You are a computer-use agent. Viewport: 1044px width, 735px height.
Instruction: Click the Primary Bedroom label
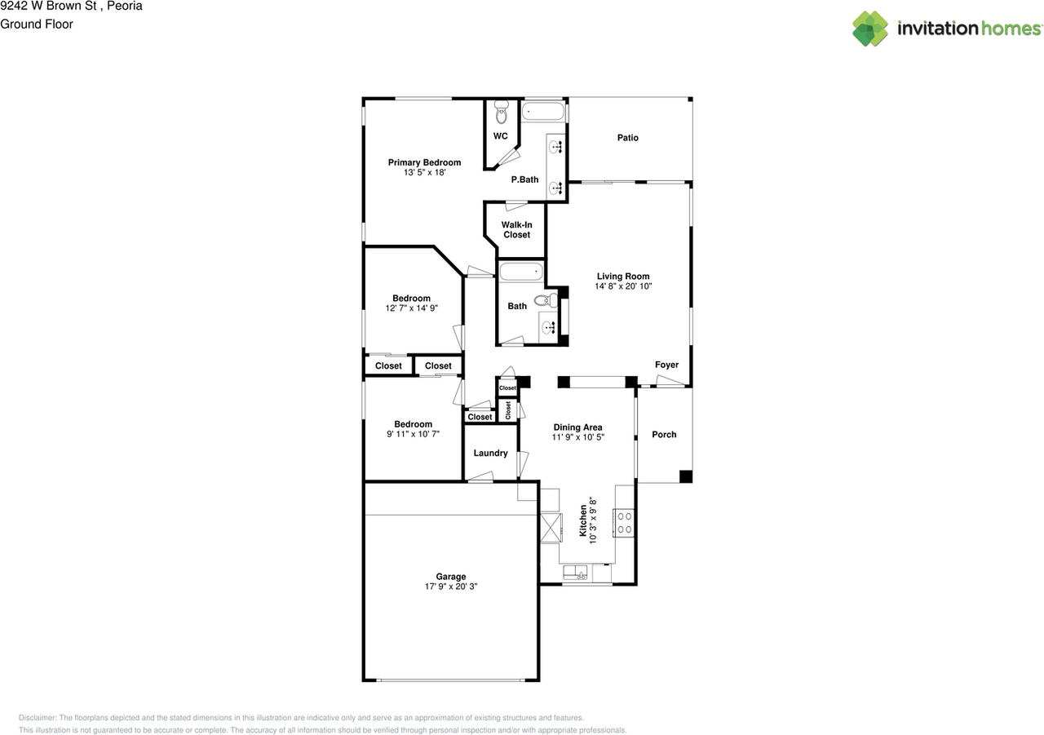pyautogui.click(x=424, y=162)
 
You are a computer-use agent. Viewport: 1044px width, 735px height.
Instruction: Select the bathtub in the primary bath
pyautogui.click(x=542, y=110)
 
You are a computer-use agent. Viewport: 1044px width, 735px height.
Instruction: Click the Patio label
pyautogui.click(x=627, y=138)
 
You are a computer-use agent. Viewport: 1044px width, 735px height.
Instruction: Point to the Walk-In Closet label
pyautogui.click(x=515, y=229)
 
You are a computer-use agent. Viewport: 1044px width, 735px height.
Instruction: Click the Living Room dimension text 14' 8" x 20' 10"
pyautogui.click(x=623, y=286)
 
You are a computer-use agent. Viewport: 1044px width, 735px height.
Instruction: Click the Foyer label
pyautogui.click(x=666, y=365)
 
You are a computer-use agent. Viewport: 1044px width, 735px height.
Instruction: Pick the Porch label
pyautogui.click(x=664, y=435)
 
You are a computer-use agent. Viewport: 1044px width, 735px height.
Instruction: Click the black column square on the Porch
pyautogui.click(x=685, y=476)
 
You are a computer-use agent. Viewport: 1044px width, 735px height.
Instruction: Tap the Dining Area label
pyautogui.click(x=577, y=427)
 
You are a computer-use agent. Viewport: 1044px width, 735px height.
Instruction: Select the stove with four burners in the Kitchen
pyautogui.click(x=624, y=521)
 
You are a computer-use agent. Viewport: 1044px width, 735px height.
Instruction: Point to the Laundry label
pyautogui.click(x=490, y=454)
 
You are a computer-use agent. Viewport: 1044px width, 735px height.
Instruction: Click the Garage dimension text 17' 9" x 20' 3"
pyautogui.click(x=450, y=586)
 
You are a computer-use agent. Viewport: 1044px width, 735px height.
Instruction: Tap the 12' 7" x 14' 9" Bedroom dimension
pyautogui.click(x=411, y=308)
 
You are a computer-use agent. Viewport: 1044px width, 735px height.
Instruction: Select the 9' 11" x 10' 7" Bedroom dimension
pyautogui.click(x=413, y=434)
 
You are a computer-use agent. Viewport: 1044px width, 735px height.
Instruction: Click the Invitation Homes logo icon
pyautogui.click(x=870, y=29)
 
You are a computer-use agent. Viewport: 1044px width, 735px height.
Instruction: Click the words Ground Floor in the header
pyautogui.click(x=37, y=24)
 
